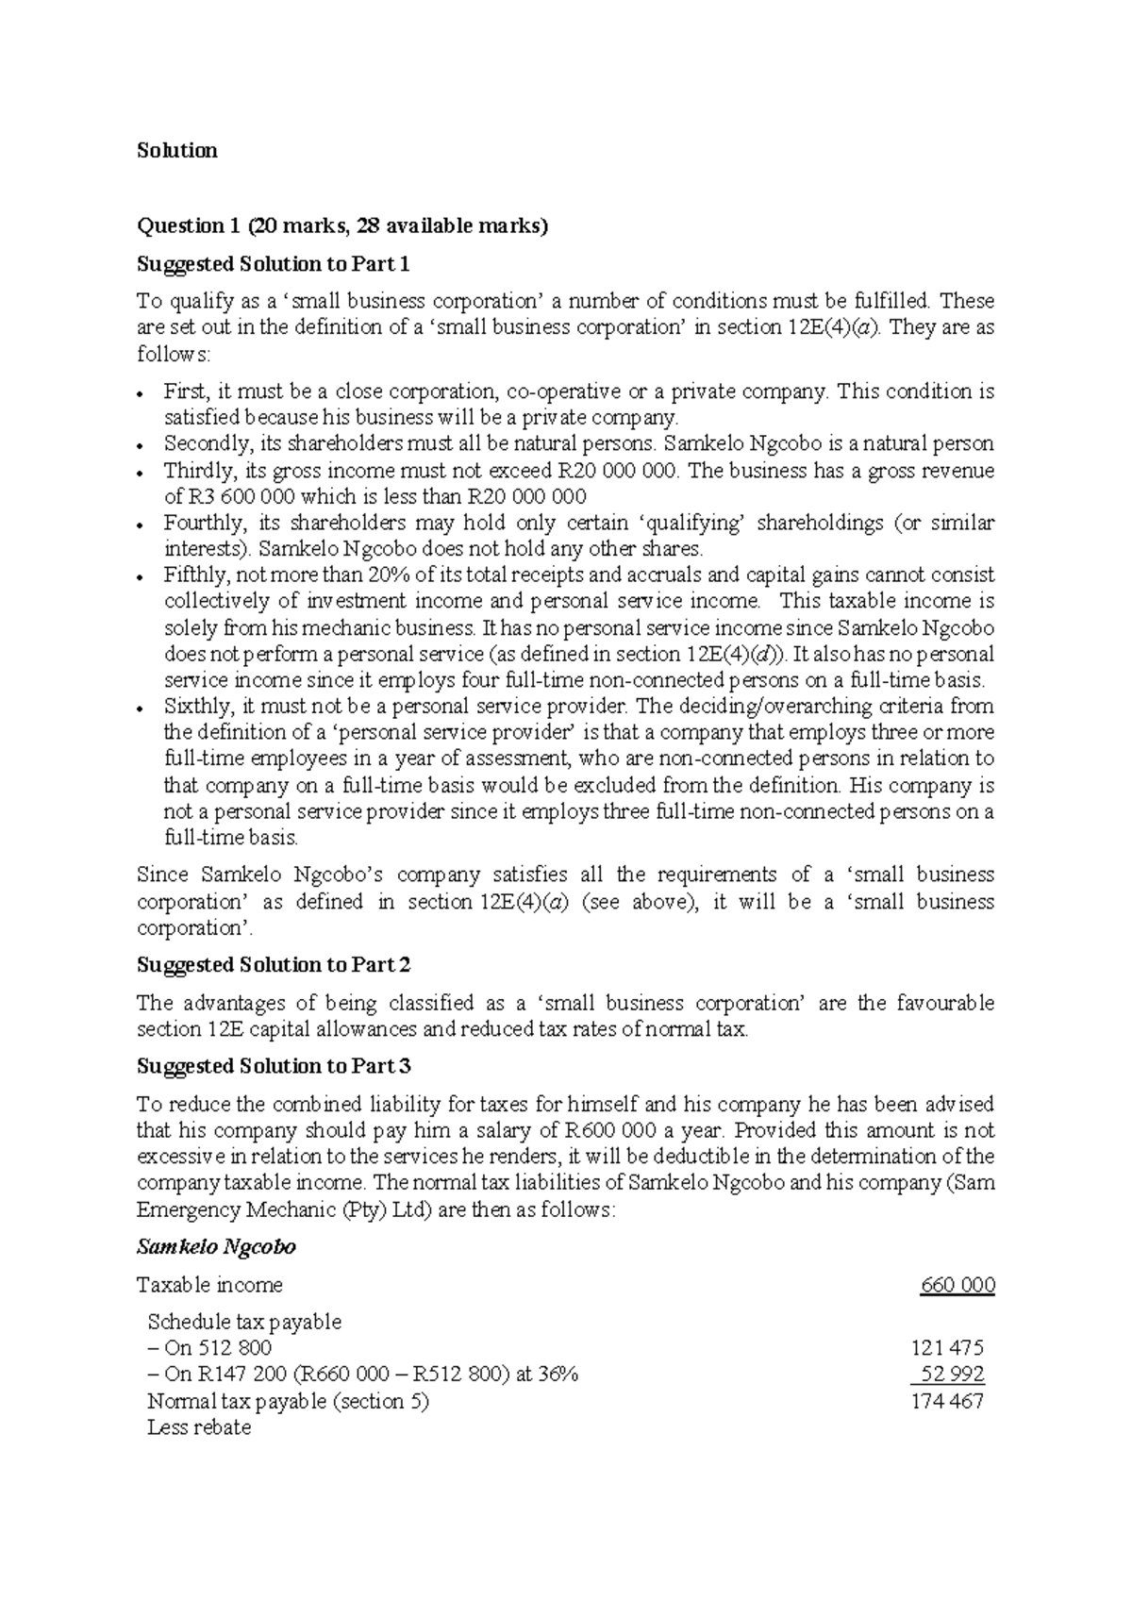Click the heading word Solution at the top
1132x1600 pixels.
tap(177, 151)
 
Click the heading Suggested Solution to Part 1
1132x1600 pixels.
tap(274, 263)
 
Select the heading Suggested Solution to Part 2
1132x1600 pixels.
tap(274, 965)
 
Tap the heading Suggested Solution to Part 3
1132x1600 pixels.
tap(274, 1066)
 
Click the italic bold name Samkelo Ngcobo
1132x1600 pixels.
tap(217, 1247)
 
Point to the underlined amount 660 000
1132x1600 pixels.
tap(958, 1285)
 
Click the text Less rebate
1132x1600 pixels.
tap(199, 1427)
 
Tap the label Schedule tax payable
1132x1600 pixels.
tap(244, 1322)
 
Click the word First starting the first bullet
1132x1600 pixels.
tap(185, 392)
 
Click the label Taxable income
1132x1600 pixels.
tap(209, 1285)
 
